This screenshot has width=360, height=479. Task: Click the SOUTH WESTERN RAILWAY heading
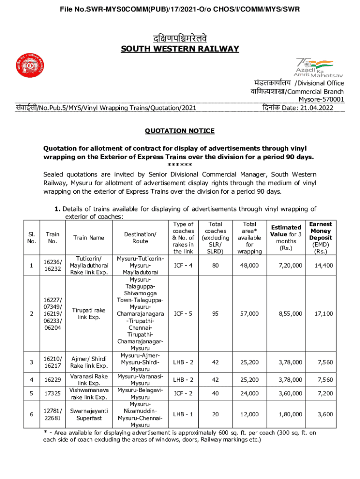tap(180, 49)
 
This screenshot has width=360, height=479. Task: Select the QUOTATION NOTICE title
tap(180, 131)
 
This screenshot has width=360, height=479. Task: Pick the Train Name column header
tap(88, 238)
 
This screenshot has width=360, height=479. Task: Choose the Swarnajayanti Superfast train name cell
tap(88, 414)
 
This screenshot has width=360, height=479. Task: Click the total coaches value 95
tap(215, 313)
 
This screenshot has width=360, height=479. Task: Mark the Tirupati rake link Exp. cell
tap(88, 313)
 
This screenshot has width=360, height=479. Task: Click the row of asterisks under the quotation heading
tap(180, 165)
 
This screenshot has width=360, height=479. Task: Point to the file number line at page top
tap(180, 9)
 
